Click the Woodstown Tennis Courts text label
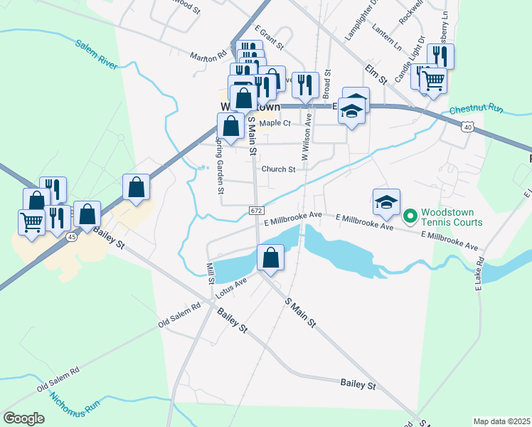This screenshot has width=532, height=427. pos(452,217)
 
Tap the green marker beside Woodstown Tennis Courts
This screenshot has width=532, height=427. pos(410,216)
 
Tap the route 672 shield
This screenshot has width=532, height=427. pos(257,211)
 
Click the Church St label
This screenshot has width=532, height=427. pos(278,169)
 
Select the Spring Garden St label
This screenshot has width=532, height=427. pos(220,163)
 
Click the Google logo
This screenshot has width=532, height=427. pos(24,418)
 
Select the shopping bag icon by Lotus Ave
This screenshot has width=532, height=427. pos(270,258)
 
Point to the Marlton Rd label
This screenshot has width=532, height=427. pos(207,54)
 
